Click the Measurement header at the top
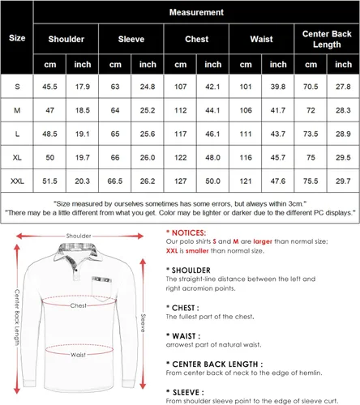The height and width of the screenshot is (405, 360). point(195,13)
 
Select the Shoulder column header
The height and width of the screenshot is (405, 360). point(66,38)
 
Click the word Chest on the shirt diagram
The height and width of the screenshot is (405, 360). point(78,306)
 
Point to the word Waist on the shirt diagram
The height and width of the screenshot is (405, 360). point(78,354)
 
